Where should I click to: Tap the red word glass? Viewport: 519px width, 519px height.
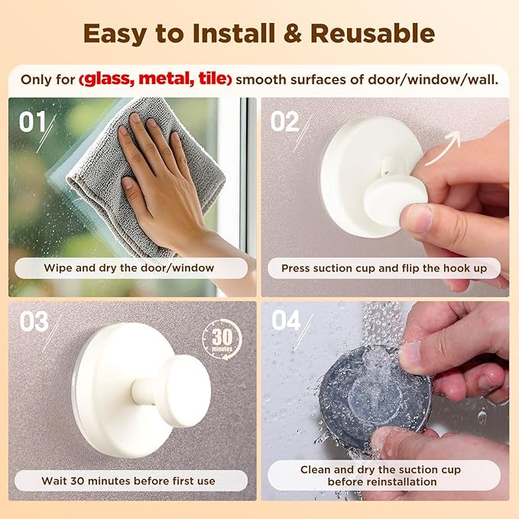(x=115, y=79)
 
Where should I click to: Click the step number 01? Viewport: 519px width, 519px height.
(x=33, y=122)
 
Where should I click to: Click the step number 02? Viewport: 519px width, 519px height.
(x=285, y=122)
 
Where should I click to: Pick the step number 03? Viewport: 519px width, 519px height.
(x=34, y=322)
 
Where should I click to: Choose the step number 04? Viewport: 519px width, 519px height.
(x=286, y=322)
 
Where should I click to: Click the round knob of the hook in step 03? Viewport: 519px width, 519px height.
(x=182, y=390)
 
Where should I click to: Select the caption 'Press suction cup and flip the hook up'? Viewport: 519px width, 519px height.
(x=384, y=268)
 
